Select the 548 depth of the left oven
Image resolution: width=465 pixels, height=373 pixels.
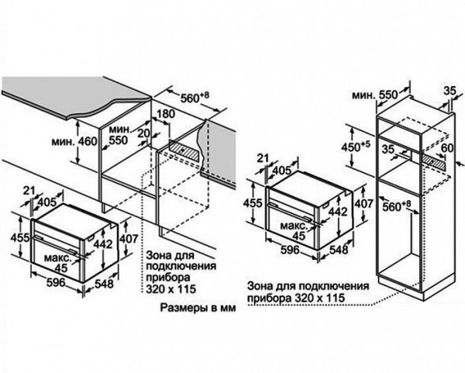(x=103, y=285)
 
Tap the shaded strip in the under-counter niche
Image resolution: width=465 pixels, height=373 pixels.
(x=189, y=147)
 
